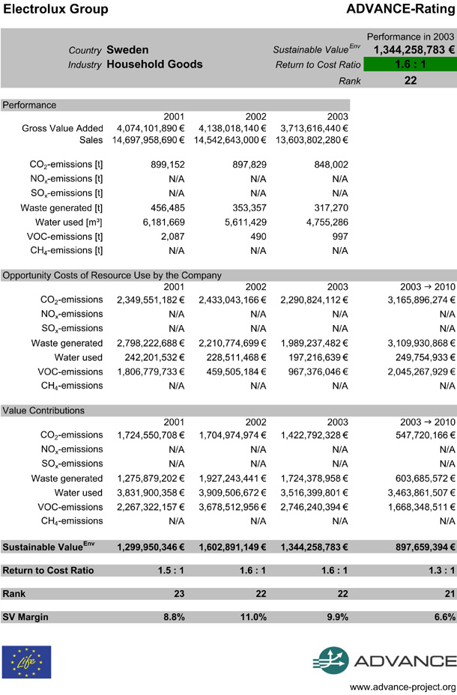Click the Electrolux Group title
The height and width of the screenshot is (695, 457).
click(56, 10)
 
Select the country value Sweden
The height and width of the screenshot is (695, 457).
click(127, 49)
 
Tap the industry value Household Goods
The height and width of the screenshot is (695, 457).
click(154, 64)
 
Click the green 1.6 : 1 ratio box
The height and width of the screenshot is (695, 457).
click(410, 64)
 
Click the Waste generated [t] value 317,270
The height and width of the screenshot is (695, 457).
click(330, 207)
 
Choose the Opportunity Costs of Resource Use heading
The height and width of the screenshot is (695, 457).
click(112, 275)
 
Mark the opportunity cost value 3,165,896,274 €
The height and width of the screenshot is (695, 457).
click(414, 300)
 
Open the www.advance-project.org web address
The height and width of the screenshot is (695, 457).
click(402, 687)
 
